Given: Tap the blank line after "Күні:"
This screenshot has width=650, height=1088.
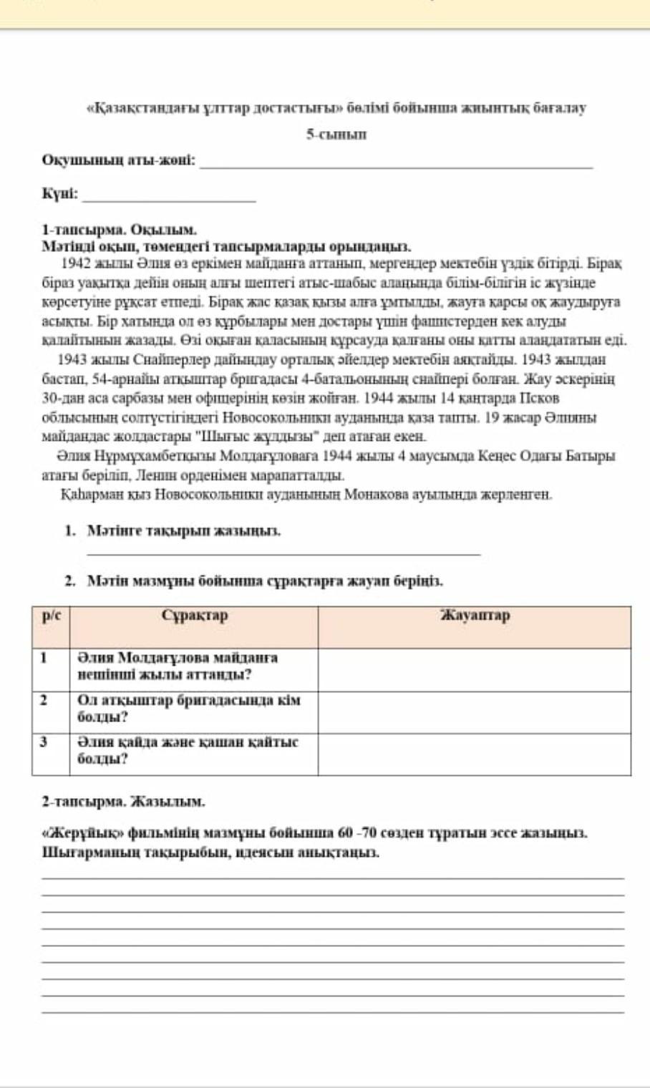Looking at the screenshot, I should click(x=170, y=200).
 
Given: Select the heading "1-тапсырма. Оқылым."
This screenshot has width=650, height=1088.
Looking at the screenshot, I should click(x=119, y=230).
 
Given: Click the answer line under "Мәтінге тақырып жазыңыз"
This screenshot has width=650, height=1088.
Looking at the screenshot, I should click(x=283, y=553).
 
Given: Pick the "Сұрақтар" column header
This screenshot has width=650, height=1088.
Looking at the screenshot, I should click(x=194, y=616).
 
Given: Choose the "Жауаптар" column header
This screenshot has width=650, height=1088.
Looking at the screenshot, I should click(x=475, y=616).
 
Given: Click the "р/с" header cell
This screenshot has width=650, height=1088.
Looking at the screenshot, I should click(x=51, y=616).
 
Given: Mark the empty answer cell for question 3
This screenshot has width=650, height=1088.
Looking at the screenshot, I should click(x=475, y=754).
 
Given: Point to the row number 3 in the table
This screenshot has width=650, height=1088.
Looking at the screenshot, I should click(x=44, y=742).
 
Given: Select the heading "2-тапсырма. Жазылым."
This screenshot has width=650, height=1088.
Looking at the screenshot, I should click(x=123, y=802).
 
